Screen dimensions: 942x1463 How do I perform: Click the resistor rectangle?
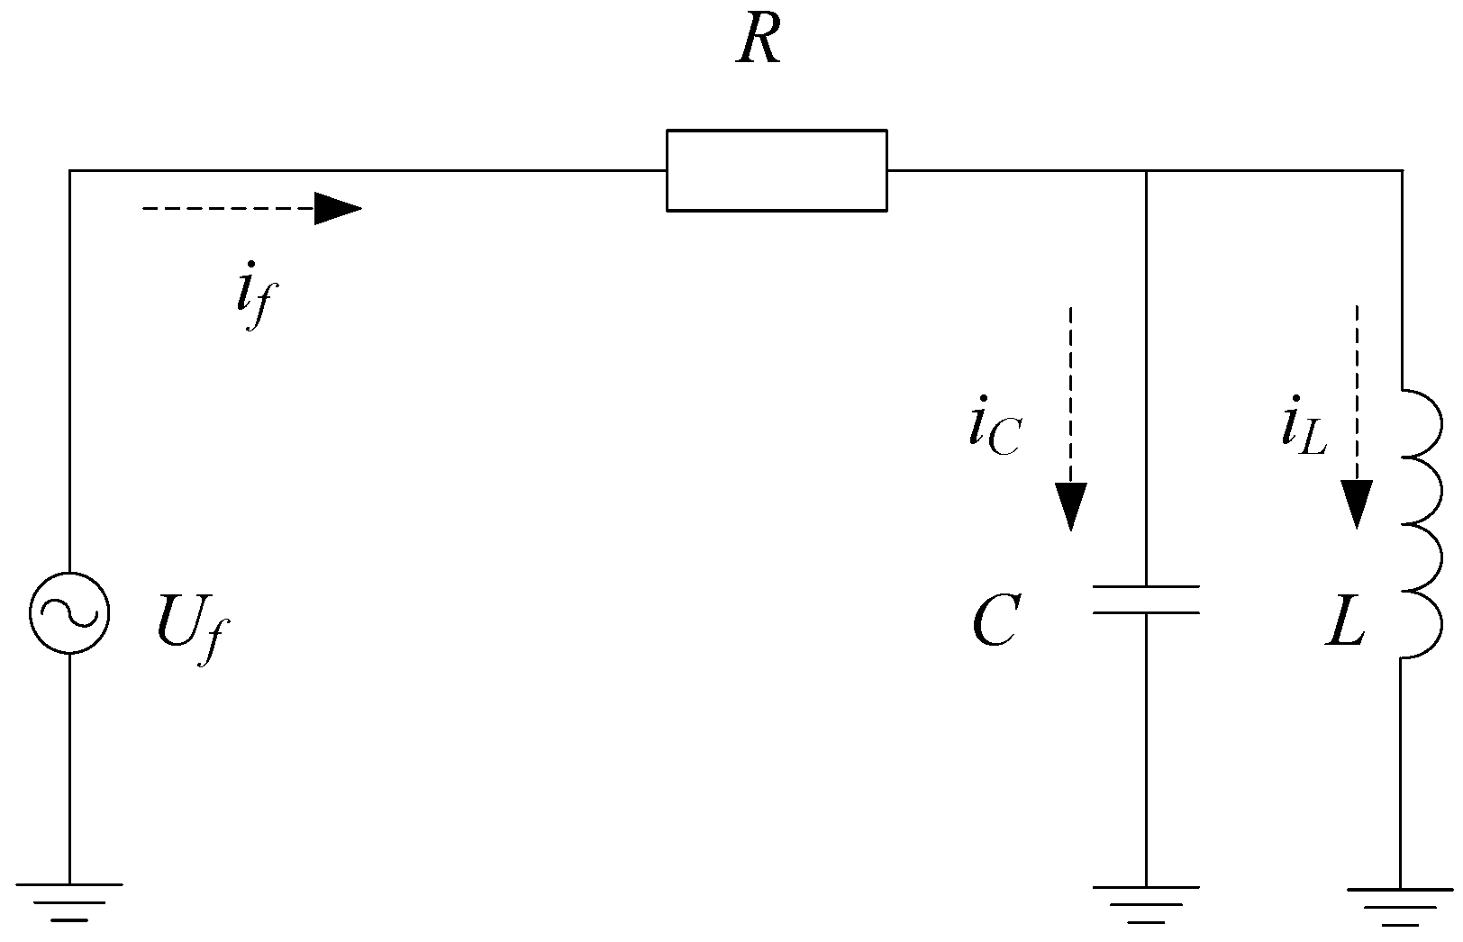tap(777, 170)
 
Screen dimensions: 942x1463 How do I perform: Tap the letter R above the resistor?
tap(758, 41)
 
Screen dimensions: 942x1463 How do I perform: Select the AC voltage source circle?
tap(69, 612)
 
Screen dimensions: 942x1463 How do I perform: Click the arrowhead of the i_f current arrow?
tap(338, 209)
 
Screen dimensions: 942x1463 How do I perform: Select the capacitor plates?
tap(1146, 600)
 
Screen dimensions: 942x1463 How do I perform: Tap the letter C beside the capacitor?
tap(995, 622)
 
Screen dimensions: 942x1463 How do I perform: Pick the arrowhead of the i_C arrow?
tap(1071, 506)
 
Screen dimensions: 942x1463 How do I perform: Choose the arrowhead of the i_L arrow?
tap(1357, 504)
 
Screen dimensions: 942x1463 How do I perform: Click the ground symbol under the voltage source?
tap(69, 901)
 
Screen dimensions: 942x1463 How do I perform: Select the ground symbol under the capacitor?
tap(1146, 903)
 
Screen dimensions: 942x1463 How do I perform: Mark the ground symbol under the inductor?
tap(1400, 905)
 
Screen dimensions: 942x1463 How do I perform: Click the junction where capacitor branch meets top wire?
tap(1146, 170)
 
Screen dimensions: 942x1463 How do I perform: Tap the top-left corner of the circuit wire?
tap(70, 170)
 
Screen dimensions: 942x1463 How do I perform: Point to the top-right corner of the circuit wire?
tap(1401, 170)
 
